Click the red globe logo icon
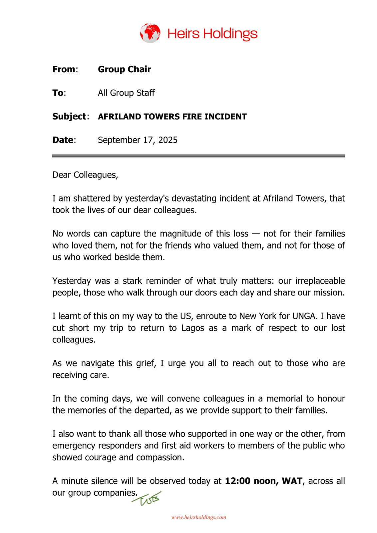(x=150, y=33)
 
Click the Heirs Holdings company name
(x=212, y=34)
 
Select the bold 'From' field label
(x=64, y=69)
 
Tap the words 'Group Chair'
(x=124, y=69)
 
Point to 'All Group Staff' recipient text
(x=126, y=93)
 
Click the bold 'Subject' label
(x=69, y=117)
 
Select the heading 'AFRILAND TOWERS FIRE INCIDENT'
(x=172, y=117)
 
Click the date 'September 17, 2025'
(x=138, y=140)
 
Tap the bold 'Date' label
(x=63, y=140)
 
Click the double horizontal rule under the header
(x=198, y=156)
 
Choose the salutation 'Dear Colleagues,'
(x=85, y=175)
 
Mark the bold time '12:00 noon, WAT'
(x=263, y=481)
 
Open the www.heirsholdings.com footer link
(x=198, y=517)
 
